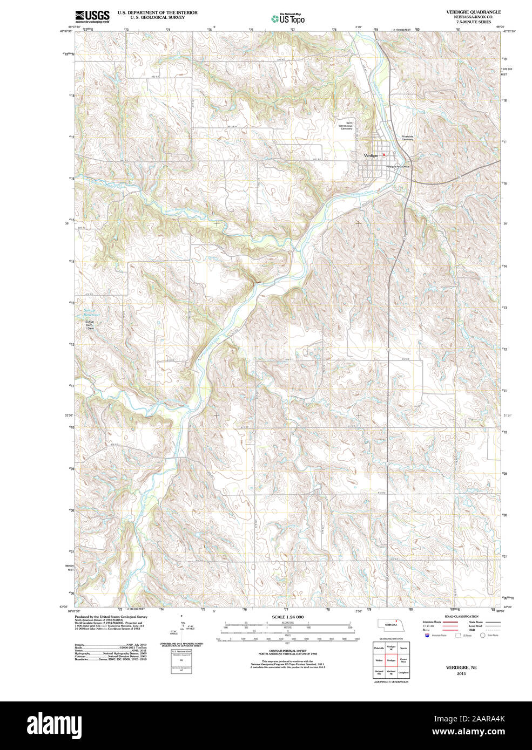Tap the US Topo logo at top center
pyautogui.click(x=288, y=19)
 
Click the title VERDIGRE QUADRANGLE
pyautogui.click(x=466, y=12)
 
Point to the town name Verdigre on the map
pyautogui.click(x=371, y=155)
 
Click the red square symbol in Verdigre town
pyautogui.click(x=384, y=155)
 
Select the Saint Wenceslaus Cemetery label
pyautogui.click(x=346, y=126)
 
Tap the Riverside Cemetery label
pyautogui.click(x=407, y=138)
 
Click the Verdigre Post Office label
pyautogui.click(x=398, y=167)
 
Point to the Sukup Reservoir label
pyautogui.click(x=91, y=312)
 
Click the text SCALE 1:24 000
pyautogui.click(x=287, y=617)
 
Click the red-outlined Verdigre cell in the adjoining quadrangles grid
pyautogui.click(x=391, y=660)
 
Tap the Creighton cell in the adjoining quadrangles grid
pyautogui.click(x=403, y=672)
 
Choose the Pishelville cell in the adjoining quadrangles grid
pyautogui.click(x=379, y=647)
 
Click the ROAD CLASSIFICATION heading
pyautogui.click(x=461, y=616)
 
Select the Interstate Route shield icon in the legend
pyautogui.click(x=428, y=636)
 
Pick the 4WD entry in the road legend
pyautogui.click(x=472, y=630)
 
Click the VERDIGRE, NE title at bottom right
pyautogui.click(x=461, y=667)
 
